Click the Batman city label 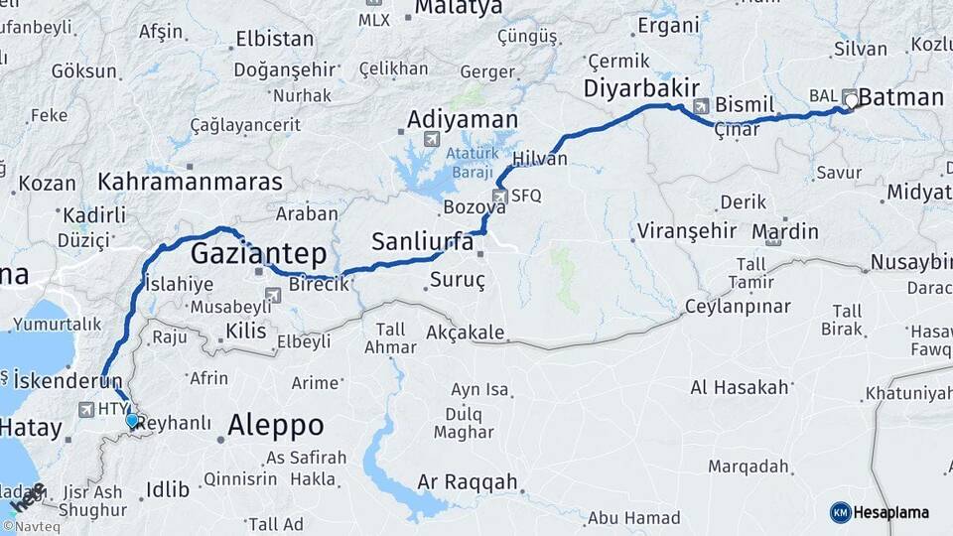[x=900, y=97]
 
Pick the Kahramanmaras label [x=190, y=183]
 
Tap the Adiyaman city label [x=462, y=120]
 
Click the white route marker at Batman [x=851, y=99]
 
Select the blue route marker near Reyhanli [x=132, y=421]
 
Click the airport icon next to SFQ [x=499, y=196]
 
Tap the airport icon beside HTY [x=86, y=409]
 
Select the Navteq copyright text [x=37, y=527]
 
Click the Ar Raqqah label [x=467, y=482]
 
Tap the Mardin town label [x=785, y=232]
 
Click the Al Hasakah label [x=739, y=387]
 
